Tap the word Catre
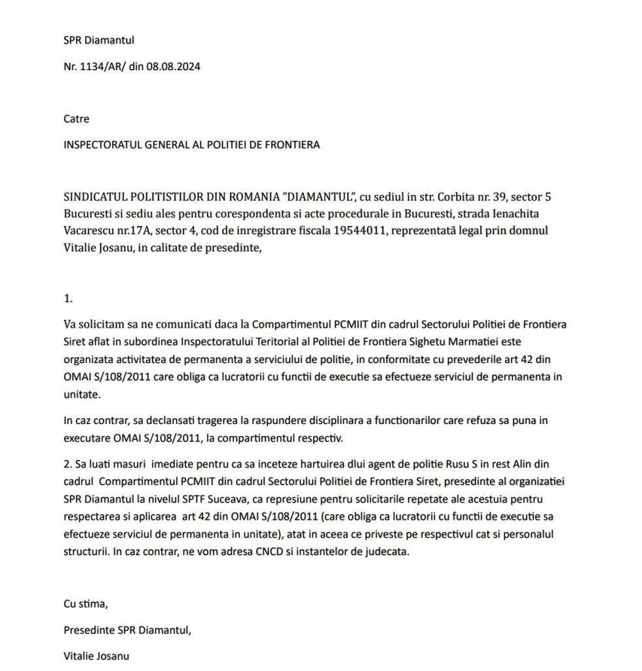tap(76, 119)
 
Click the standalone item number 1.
tap(67, 299)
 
